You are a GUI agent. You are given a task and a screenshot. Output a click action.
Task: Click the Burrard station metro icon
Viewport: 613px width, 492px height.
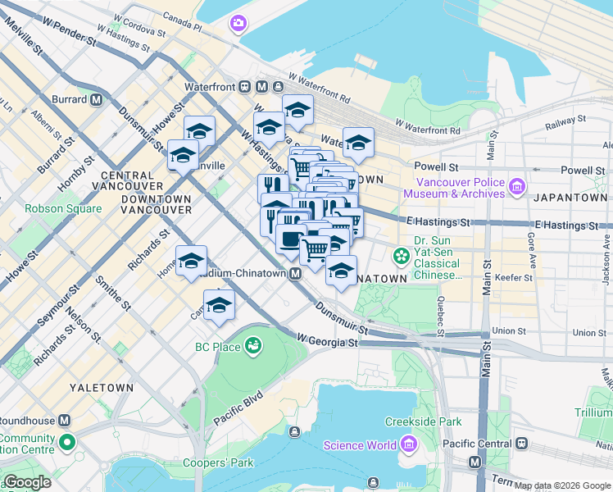pos(97,100)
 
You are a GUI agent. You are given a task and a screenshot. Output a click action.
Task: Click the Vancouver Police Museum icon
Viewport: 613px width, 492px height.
pos(516,188)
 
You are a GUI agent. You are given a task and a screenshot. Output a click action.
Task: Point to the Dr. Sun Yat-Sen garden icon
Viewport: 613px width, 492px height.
pos(401,256)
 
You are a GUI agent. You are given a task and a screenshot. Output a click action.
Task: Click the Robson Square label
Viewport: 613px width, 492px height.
pos(63,208)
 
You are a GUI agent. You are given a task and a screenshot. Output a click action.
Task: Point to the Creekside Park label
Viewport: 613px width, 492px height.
pos(424,421)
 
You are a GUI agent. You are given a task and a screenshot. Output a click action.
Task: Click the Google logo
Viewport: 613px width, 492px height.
pos(28,482)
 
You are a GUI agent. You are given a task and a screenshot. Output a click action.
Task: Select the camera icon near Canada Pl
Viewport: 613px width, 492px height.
pos(238,24)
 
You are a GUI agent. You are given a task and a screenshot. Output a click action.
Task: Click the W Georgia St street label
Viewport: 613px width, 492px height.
pos(327,339)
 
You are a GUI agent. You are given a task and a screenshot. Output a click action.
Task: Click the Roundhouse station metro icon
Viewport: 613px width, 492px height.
pos(64,420)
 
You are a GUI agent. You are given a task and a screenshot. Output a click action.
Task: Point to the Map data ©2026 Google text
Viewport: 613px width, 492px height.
pos(562,485)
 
